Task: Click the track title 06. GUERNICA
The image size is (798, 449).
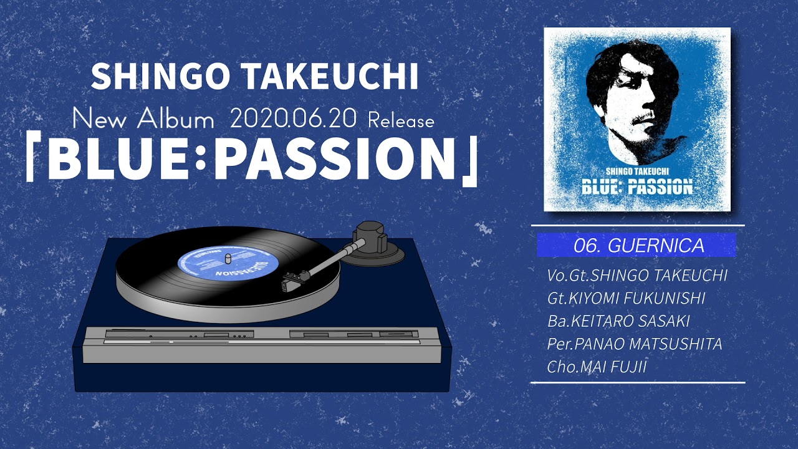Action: (637, 246)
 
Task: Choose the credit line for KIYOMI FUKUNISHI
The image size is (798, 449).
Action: (626, 299)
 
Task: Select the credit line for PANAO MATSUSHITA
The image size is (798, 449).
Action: (634, 344)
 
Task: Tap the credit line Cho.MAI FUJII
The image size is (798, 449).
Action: (597, 367)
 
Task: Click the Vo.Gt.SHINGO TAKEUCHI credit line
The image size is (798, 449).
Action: (637, 276)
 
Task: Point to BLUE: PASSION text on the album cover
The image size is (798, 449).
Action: (637, 186)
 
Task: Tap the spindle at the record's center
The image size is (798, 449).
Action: (228, 258)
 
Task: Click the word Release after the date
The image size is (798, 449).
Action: (400, 120)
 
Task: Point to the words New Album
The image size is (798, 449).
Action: (143, 119)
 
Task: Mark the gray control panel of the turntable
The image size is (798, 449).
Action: (262, 344)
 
